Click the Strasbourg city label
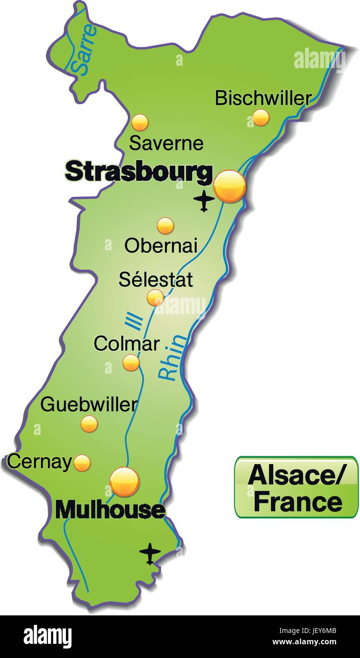[x=139, y=171]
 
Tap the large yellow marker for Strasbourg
[x=230, y=187]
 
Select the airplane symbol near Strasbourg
[x=204, y=201]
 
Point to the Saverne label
[x=166, y=143]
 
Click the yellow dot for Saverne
[x=140, y=123]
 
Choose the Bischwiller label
[x=263, y=98]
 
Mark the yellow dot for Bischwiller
[x=261, y=117]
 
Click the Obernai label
[x=161, y=245]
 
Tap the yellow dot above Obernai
[x=165, y=226]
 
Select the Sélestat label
[x=156, y=279]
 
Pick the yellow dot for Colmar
[x=131, y=363]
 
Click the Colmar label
[x=126, y=344]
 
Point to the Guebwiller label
[x=89, y=405]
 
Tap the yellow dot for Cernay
[x=82, y=463]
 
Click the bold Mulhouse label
[x=110, y=510]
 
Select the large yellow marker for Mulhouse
[x=125, y=481]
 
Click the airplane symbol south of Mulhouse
[x=150, y=553]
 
